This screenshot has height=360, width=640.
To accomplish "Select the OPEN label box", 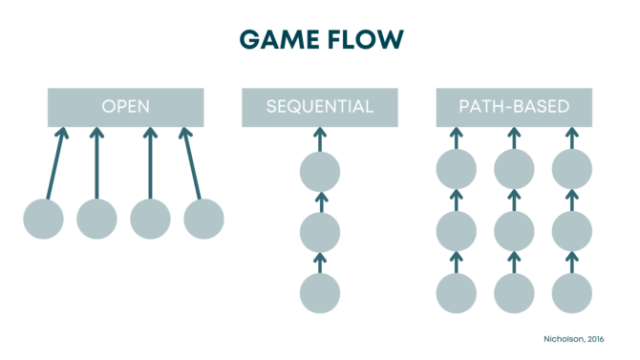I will (x=125, y=107).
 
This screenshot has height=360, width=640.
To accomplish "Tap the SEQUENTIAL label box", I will (x=320, y=107).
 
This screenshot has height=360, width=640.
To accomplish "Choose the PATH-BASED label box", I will (x=514, y=107).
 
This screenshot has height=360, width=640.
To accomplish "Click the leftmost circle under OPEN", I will (x=43, y=219).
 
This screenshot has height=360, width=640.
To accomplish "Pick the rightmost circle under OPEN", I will (x=203, y=219).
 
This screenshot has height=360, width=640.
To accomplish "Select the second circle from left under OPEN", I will (x=96, y=219).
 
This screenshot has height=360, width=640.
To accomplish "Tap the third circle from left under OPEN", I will (x=150, y=219).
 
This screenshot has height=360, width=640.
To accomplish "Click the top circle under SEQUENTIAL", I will (x=320, y=172).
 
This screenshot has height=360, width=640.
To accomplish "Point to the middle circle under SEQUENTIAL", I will (x=320, y=232).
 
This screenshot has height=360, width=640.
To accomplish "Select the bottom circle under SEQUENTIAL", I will (x=320, y=292).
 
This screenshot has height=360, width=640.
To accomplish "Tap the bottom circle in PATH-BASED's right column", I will (x=572, y=292).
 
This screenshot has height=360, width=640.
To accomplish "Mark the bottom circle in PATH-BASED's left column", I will (x=457, y=292).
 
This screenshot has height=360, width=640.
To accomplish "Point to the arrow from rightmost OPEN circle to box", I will (x=192, y=164).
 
